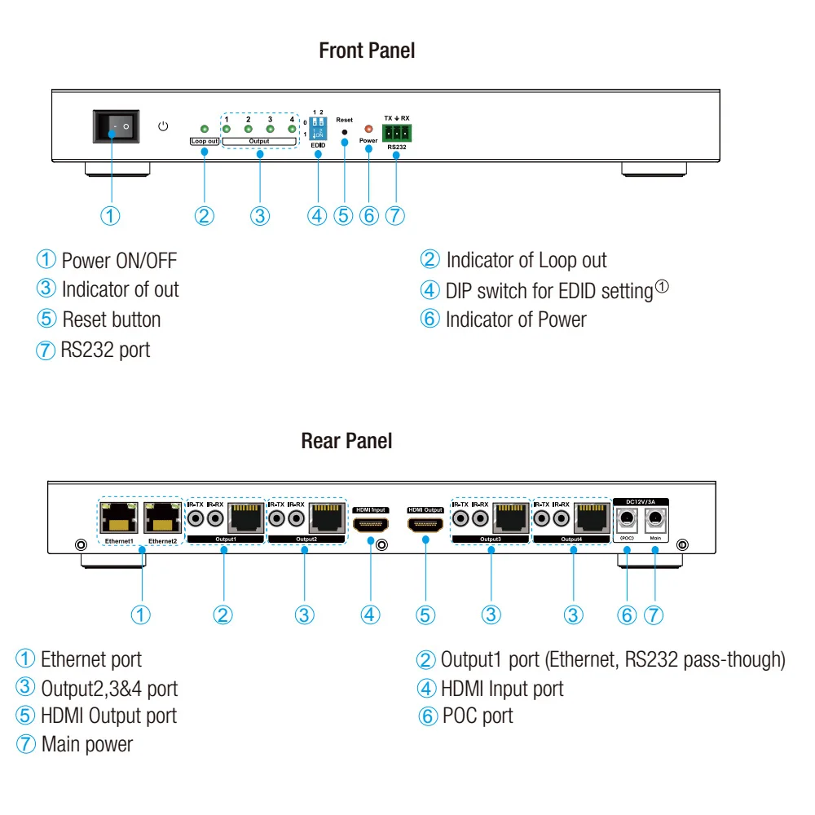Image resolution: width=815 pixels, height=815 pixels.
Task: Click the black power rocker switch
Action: click(116, 126)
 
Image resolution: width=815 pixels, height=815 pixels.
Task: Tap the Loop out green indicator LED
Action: click(205, 129)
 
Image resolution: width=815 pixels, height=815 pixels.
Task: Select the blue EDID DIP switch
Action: click(318, 129)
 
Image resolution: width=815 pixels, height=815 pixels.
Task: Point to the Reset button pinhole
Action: click(344, 132)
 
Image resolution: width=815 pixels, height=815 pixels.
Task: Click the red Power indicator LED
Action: click(368, 129)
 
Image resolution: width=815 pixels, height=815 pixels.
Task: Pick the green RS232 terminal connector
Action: click(397, 133)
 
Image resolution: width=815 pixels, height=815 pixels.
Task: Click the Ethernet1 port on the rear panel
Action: click(119, 518)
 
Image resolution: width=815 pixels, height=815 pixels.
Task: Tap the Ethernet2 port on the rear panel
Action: click(163, 518)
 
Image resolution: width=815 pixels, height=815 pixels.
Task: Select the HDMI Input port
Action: click(371, 524)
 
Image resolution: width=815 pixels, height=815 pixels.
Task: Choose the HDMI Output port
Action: click(425, 524)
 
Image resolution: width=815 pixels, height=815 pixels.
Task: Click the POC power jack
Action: click(627, 518)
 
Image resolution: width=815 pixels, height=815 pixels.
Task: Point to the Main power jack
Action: click(655, 518)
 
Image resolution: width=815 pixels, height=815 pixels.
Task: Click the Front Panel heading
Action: click(367, 51)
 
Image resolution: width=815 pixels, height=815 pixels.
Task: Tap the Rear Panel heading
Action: click(346, 441)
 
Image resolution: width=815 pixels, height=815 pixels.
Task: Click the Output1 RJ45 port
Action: click(246, 518)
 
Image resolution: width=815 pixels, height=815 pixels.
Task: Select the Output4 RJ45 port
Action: click(592, 518)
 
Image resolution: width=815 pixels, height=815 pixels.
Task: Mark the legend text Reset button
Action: click(112, 319)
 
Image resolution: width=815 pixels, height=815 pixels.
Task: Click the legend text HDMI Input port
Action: click(502, 689)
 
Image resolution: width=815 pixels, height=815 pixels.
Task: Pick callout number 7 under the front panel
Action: click(395, 216)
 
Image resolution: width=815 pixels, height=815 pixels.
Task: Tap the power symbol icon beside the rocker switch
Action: click(163, 126)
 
